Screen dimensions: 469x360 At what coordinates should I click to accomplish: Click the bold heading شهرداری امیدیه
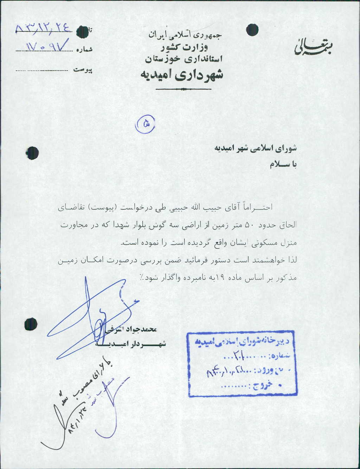pos(182,75)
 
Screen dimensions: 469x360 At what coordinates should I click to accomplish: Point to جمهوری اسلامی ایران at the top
pos(185,35)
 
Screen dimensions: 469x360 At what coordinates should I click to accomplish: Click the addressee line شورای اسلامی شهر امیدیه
pos(256,148)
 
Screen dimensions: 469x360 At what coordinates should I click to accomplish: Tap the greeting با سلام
pos(283,165)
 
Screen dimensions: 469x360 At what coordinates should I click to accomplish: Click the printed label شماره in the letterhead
pos(84,50)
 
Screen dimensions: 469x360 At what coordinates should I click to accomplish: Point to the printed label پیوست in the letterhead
pos(83,70)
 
